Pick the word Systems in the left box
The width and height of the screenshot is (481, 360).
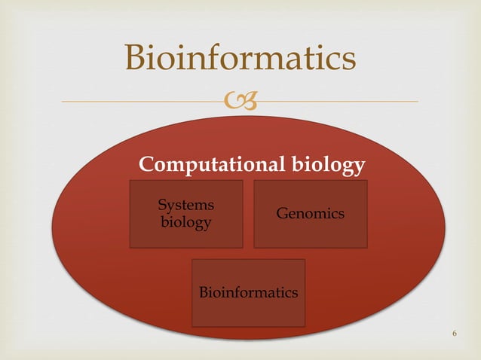pos(185,205)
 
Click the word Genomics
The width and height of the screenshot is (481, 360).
pos(311,214)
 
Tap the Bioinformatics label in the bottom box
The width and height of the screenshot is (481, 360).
pos(248,292)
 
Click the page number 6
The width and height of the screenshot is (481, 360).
pos(455,334)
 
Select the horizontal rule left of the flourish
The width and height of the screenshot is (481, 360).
pos(143,101)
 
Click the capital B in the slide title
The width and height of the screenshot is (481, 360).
pos(136,58)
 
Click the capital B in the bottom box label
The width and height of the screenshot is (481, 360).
pos(203,292)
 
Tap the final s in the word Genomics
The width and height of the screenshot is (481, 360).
pos(342,215)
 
